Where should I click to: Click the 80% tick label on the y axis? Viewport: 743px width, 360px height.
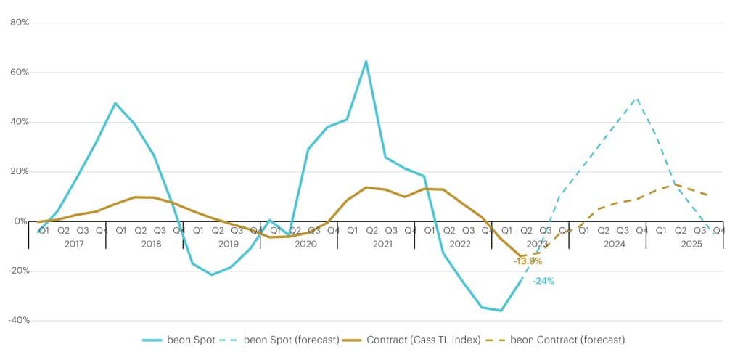[x=19, y=22]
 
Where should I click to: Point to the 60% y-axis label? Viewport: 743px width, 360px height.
[x=19, y=73]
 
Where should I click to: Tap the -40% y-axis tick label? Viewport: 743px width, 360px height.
[x=17, y=320]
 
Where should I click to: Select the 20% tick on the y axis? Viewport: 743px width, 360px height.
[x=19, y=172]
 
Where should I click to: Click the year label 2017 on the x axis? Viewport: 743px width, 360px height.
[x=73, y=244]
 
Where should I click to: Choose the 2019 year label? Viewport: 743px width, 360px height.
[x=228, y=244]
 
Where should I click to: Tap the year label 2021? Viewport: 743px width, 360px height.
[x=382, y=244]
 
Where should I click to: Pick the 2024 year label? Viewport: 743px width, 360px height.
[x=614, y=244]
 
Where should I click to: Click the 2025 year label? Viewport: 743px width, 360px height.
[x=691, y=244]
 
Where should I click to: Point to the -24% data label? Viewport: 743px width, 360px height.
[x=543, y=281]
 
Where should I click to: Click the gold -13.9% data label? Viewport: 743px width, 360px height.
[x=528, y=261]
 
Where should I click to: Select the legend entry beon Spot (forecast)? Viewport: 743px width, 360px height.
[x=290, y=340]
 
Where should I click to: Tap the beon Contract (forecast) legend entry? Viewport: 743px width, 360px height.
[x=567, y=340]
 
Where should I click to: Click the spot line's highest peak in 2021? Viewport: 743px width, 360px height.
[x=366, y=61]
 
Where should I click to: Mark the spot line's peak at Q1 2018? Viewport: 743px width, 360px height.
[x=115, y=103]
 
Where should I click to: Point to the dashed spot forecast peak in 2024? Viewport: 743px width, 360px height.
[x=636, y=98]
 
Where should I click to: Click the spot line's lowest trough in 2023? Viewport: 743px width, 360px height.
[x=501, y=311]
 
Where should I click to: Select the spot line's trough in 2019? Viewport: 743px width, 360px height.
[x=212, y=274]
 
